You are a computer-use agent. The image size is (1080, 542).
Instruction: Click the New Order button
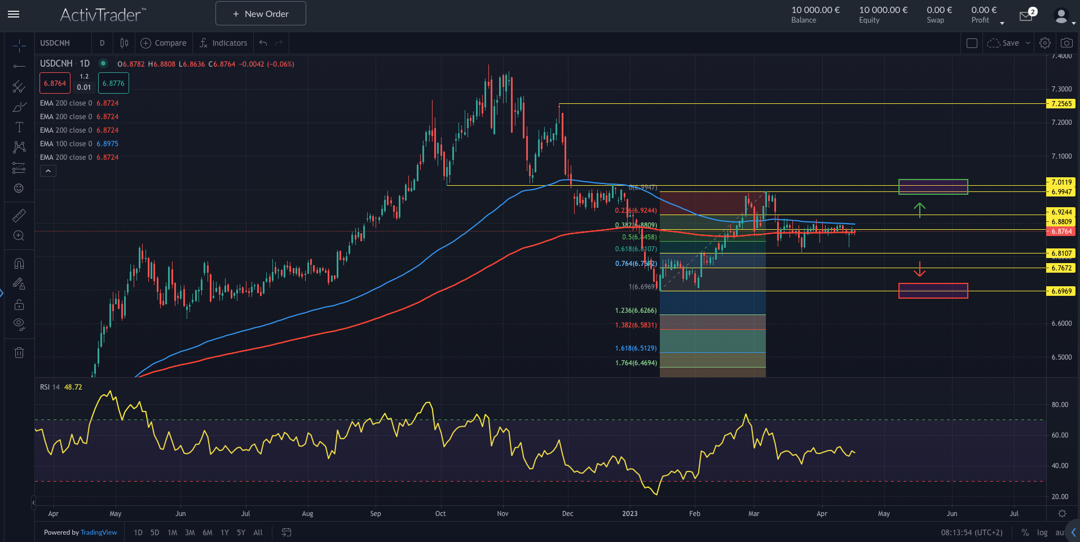point(261,14)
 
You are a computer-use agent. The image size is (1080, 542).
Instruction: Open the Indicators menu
point(223,43)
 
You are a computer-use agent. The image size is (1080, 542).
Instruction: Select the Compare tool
point(164,43)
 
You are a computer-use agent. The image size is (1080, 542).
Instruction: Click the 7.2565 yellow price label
point(1061,104)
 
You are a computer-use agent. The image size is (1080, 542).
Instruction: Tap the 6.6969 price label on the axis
point(1061,291)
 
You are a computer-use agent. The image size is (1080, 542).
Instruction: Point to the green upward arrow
point(919,210)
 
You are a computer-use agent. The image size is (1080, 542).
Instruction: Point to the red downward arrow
point(919,269)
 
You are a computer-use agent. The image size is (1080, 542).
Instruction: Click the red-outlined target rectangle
point(933,291)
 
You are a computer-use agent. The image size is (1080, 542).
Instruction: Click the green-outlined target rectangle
point(933,187)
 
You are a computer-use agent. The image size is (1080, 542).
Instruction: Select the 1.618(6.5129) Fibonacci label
point(636,348)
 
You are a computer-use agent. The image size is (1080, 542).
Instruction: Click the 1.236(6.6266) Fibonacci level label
point(636,311)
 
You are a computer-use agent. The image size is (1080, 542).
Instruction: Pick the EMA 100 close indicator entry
point(79,144)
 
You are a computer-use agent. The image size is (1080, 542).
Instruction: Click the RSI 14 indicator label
point(50,387)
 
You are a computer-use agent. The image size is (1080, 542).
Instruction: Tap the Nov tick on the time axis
point(502,514)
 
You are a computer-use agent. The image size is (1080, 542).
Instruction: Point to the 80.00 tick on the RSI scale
point(1060,405)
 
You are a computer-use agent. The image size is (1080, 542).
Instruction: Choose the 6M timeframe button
point(207,532)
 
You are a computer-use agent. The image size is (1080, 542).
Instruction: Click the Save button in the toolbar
point(1010,43)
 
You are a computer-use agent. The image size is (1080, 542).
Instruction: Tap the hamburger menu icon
point(14,14)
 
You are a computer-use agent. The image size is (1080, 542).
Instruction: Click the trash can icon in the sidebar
point(19,353)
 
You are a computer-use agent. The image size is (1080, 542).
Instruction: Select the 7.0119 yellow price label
point(1061,182)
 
